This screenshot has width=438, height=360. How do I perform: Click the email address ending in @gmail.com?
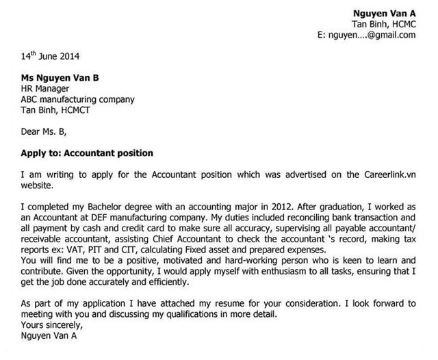click(x=367, y=34)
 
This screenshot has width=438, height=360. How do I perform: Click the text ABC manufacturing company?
click(x=77, y=99)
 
